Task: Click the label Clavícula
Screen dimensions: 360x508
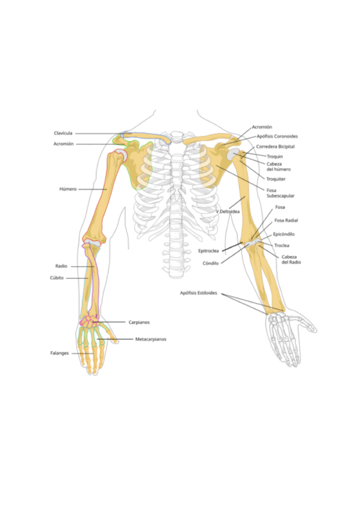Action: point(63,133)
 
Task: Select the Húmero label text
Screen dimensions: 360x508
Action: point(68,189)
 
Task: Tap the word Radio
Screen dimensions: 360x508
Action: point(61,266)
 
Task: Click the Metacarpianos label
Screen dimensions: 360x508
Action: point(150,339)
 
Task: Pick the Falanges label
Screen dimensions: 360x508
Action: point(60,353)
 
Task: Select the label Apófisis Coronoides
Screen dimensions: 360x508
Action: point(277,137)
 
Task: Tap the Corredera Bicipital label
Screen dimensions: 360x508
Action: point(276,146)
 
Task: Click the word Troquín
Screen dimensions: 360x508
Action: point(274,156)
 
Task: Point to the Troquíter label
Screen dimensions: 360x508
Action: point(276,179)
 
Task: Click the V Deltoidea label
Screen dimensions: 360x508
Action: point(228,211)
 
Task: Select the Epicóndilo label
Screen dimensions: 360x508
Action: point(283,234)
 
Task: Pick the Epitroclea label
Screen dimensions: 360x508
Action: point(208,251)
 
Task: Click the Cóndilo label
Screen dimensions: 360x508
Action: point(211,263)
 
